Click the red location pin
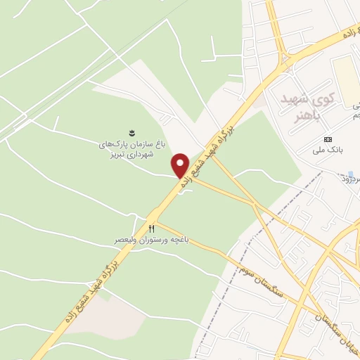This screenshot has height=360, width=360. click(x=180, y=165)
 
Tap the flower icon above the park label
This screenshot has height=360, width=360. click(x=131, y=132)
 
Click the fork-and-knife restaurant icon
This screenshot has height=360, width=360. click(x=150, y=229)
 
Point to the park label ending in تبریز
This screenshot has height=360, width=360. click(x=131, y=150)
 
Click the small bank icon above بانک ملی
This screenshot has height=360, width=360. click(x=328, y=139)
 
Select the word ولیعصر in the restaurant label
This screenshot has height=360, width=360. click(x=127, y=240)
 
